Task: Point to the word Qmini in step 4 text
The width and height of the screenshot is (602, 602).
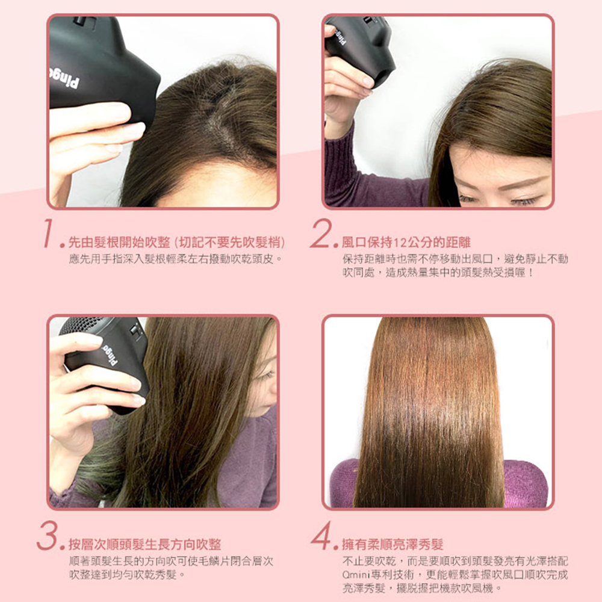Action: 354,574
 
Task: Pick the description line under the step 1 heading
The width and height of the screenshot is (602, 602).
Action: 175,259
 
